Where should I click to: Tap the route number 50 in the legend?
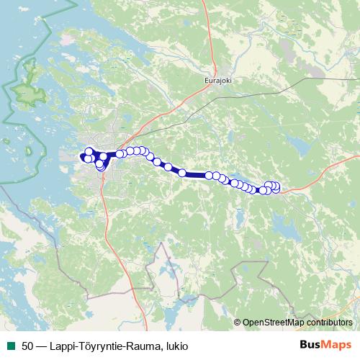click(27, 346)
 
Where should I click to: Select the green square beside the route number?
click(10, 346)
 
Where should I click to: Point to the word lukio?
click(176, 346)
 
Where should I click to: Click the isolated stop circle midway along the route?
click(182, 173)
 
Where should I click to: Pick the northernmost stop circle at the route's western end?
click(89, 151)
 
